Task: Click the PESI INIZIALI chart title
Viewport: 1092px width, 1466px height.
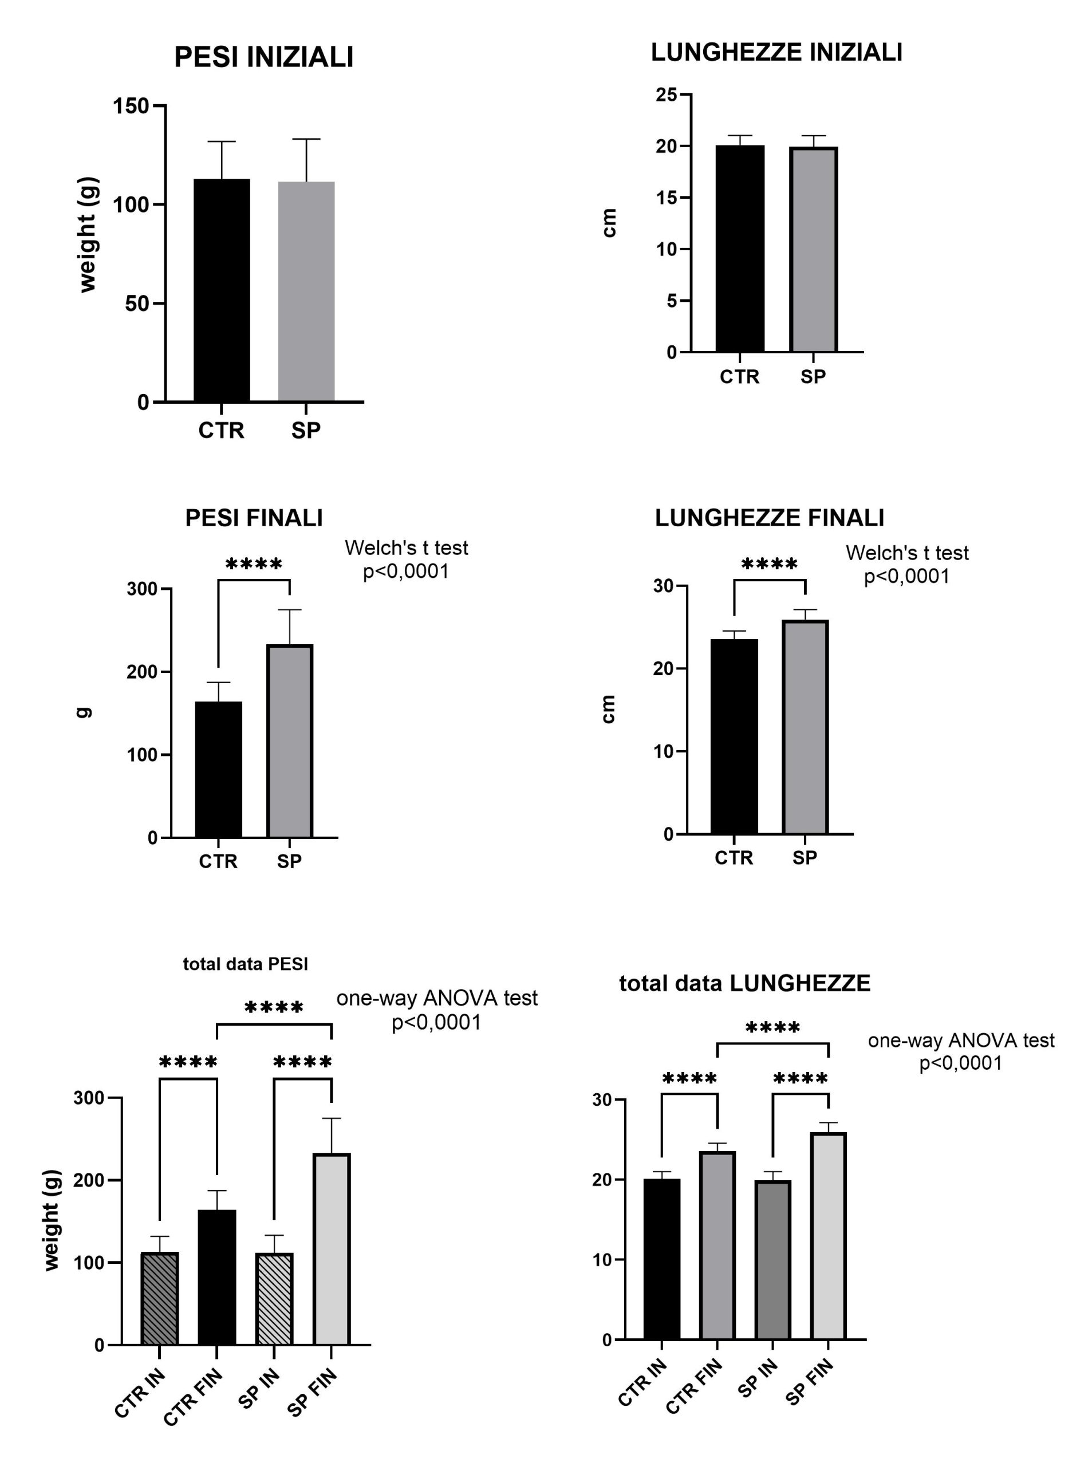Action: [264, 57]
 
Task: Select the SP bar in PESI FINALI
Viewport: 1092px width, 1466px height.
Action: [290, 740]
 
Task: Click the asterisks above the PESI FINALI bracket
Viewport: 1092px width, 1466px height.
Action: [254, 565]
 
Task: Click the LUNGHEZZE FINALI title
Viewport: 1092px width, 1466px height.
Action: [769, 518]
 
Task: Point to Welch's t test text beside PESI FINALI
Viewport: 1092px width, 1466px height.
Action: [406, 548]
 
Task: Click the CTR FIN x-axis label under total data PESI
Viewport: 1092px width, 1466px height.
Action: [193, 1396]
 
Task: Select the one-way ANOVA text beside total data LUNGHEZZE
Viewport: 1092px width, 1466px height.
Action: [960, 1041]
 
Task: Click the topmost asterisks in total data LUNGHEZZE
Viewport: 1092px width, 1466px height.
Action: [772, 1028]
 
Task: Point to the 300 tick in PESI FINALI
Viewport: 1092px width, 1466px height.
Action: [142, 589]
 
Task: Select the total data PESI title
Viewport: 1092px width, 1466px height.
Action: [245, 964]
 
